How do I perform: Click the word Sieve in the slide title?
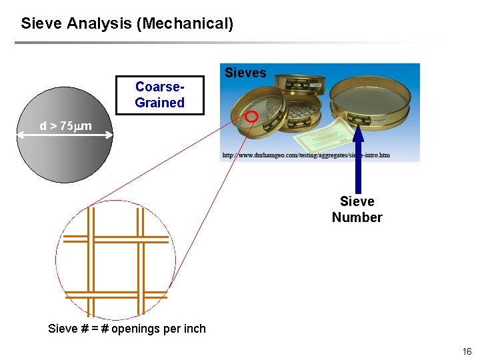[41, 24]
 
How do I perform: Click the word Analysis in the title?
[99, 24]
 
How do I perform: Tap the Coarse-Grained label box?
[159, 95]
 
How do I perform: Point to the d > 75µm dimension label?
[65, 126]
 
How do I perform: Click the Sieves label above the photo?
[245, 73]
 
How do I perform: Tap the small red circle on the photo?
[251, 117]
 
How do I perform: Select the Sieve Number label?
[357, 209]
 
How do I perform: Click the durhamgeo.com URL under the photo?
[305, 155]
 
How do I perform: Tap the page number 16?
[466, 351]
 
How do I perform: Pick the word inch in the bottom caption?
[194, 329]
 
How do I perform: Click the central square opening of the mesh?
[116, 267]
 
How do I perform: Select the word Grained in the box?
[159, 103]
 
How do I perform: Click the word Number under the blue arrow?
[357, 217]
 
